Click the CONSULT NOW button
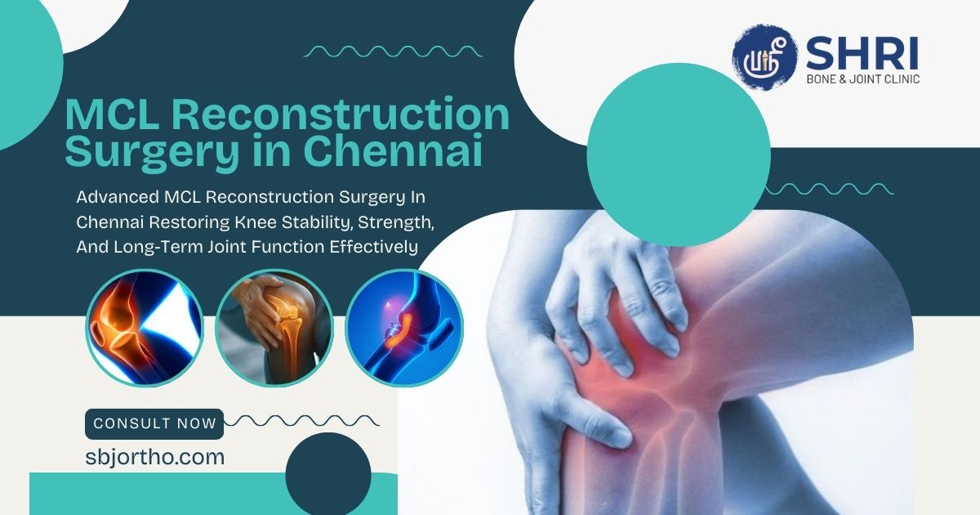tap(154, 424)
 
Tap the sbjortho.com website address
tap(155, 457)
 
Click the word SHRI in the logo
tap(862, 53)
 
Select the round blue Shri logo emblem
tap(764, 57)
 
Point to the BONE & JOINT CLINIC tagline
tap(862, 78)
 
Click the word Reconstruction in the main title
tap(340, 114)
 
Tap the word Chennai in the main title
tap(393, 150)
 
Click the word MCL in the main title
tap(112, 114)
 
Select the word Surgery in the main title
tap(152, 152)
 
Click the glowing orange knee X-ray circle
tap(145, 328)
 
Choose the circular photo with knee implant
tap(274, 328)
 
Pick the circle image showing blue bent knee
tap(404, 328)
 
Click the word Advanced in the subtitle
tap(118, 197)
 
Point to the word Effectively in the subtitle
tap(374, 247)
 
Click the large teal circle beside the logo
tap(679, 154)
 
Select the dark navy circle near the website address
tap(328, 475)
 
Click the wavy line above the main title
tap(393, 51)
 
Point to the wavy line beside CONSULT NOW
tap(301, 421)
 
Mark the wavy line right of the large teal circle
tap(829, 189)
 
